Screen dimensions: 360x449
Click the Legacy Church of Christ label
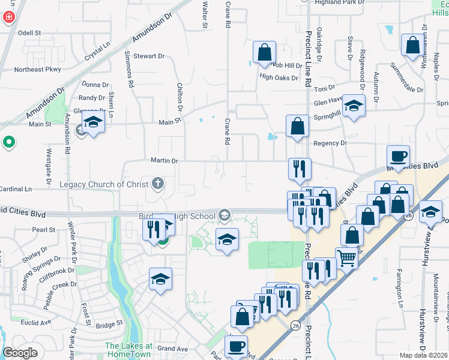pos(103,184)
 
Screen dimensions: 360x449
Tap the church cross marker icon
pos(158,183)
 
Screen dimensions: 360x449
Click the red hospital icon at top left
pos(8,17)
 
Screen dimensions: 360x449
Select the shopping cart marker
pos(346,258)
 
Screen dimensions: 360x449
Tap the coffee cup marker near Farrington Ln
pos(399,157)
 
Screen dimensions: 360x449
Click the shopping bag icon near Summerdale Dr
pos(412,46)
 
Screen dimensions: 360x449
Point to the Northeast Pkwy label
pos(38,70)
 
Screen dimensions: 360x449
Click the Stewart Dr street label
pos(148,56)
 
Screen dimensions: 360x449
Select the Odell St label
pos(29,33)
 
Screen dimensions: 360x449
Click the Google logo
pos(20,353)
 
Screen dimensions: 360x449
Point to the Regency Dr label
pos(330,143)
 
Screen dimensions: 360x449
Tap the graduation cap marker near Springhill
pos(354,106)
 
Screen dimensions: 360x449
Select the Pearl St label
pos(44,230)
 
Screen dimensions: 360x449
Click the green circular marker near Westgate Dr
pos(8,143)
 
